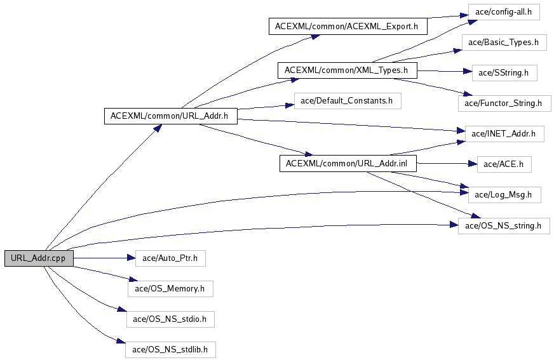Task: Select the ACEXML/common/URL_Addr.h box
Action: click(170, 116)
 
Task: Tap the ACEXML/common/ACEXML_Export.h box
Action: click(347, 27)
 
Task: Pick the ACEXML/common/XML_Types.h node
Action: click(346, 69)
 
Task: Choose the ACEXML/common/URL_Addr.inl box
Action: click(351, 163)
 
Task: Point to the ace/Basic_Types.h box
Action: click(504, 43)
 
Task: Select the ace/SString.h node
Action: click(504, 72)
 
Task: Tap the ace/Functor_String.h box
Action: click(504, 102)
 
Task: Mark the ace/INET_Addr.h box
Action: click(504, 133)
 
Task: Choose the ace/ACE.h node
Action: click(504, 164)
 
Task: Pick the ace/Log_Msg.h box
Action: click(504, 194)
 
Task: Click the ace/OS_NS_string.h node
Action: click(504, 225)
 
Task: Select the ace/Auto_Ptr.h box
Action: click(170, 258)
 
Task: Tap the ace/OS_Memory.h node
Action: click(170, 288)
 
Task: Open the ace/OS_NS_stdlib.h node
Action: click(170, 349)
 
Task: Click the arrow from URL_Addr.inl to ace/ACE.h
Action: click(445, 164)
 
